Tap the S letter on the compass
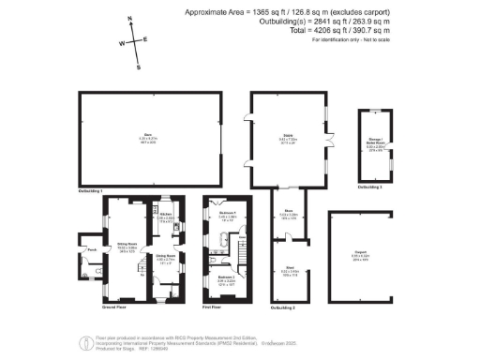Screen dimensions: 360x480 139,67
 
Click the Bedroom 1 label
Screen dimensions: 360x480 226,214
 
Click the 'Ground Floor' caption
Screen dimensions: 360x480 113,307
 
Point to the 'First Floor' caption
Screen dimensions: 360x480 217,307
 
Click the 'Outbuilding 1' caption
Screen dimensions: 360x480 90,190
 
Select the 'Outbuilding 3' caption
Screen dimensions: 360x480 371,187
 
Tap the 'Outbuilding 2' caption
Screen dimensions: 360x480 282,307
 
